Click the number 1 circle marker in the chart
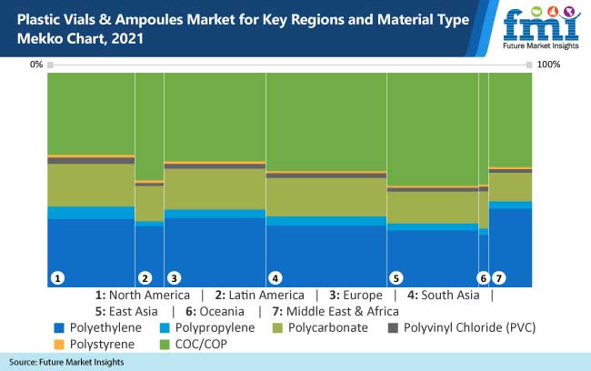(57, 277)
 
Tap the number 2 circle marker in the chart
(144, 277)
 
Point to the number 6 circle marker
(483, 277)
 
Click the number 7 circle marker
(498, 277)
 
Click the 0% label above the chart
(36, 65)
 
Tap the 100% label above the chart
(549, 65)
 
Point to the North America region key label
(141, 296)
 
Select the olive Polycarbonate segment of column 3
(215, 189)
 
